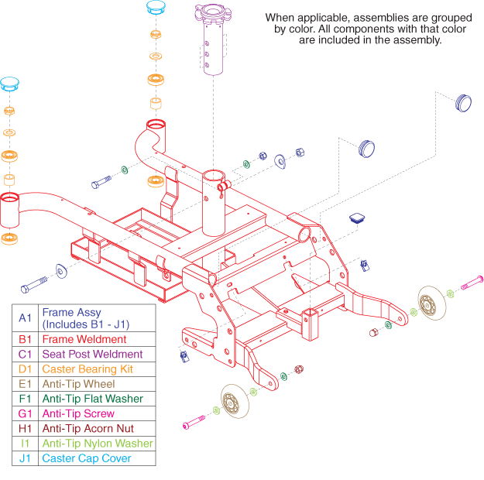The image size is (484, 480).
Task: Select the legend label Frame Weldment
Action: [x=84, y=339]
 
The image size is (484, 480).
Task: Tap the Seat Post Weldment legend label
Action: [x=92, y=354]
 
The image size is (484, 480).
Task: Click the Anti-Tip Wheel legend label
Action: [x=78, y=384]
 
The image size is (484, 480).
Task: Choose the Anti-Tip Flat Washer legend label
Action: [x=93, y=399]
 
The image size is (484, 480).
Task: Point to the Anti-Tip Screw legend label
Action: [x=78, y=413]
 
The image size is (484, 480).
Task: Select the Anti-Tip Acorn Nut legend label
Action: [x=88, y=428]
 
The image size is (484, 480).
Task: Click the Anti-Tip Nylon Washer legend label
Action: [x=98, y=444]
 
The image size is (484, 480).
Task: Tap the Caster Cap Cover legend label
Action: [x=87, y=458]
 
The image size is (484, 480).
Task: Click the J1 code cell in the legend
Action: [x=25, y=458]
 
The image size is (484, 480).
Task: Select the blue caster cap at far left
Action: [x=10, y=84]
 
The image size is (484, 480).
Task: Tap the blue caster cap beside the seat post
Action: [x=156, y=9]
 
